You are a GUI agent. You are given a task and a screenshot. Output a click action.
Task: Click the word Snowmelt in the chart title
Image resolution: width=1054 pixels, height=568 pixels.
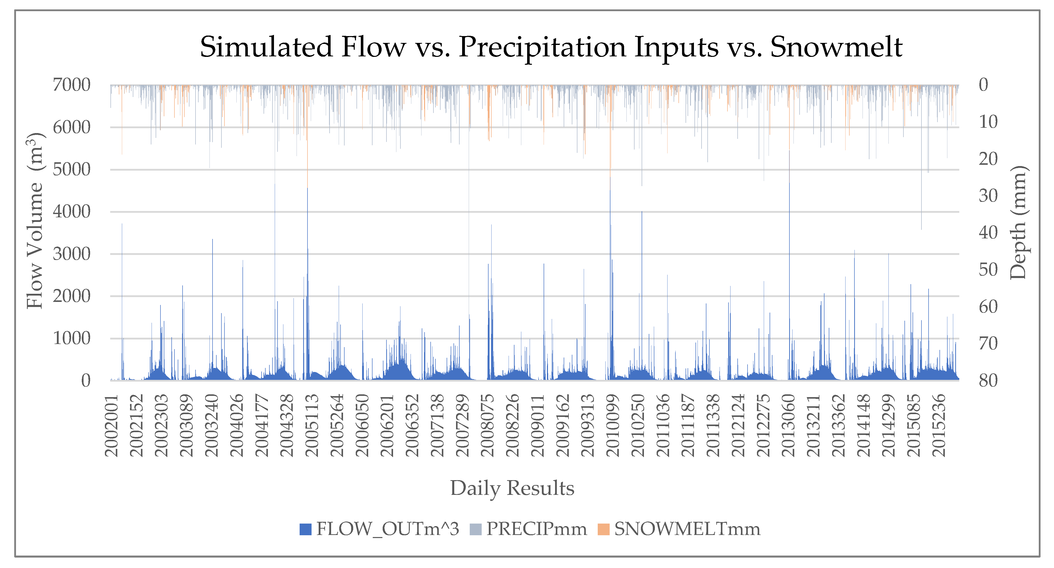pos(836,47)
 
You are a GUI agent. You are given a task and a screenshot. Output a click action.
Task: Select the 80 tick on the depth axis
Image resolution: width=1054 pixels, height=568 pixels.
pos(988,381)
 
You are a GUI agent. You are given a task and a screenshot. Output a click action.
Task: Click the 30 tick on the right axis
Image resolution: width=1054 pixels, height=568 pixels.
pos(988,196)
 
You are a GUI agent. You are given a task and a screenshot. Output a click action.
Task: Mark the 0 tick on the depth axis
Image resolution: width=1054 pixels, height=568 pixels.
pos(983,85)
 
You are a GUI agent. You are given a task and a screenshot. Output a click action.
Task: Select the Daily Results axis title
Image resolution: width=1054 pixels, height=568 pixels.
pos(512,488)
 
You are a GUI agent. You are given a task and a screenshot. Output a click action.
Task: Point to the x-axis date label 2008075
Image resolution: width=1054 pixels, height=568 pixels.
pos(488,426)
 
